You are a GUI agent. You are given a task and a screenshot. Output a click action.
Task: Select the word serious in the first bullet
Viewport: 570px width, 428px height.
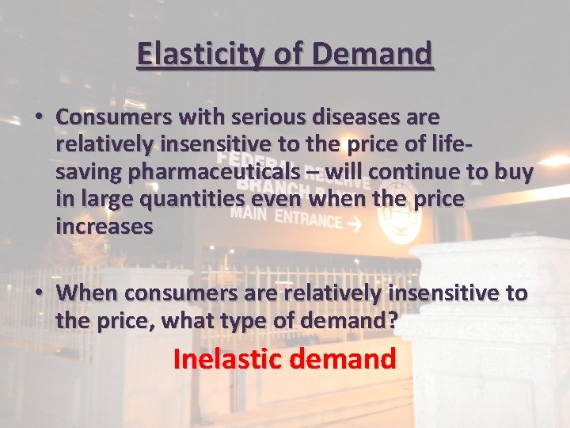254,117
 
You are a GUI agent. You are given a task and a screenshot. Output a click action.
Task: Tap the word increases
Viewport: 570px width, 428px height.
104,226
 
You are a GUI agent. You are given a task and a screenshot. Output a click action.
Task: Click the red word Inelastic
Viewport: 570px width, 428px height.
225,359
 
